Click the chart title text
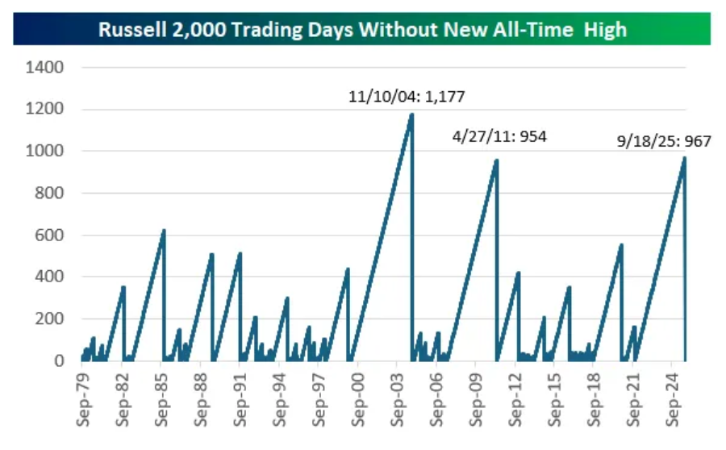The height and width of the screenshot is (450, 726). [x=362, y=31]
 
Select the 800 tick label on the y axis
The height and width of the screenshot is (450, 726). [x=48, y=194]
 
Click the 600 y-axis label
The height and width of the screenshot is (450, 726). [x=48, y=235]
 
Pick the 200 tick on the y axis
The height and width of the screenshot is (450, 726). [x=48, y=319]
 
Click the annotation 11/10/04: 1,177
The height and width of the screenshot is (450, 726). [x=407, y=98]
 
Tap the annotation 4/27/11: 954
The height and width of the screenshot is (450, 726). [x=499, y=137]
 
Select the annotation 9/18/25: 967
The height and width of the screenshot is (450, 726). [x=664, y=142]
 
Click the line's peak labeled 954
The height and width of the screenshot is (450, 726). [x=496, y=160]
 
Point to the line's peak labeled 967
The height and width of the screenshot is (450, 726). [x=684, y=157]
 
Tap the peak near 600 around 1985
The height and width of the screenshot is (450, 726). [x=164, y=230]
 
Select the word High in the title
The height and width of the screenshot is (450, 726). [x=607, y=31]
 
